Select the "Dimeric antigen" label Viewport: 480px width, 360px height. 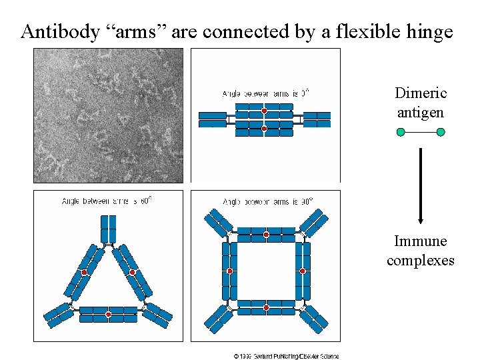(x=421, y=103)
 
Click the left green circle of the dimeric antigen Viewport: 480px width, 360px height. (x=401, y=132)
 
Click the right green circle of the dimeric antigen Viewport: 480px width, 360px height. (x=441, y=132)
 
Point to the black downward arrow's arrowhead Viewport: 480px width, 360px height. (x=421, y=221)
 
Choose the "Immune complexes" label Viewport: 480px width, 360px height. (x=421, y=250)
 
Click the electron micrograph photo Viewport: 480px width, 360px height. (x=108, y=115)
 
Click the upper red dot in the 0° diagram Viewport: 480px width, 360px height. (x=265, y=110)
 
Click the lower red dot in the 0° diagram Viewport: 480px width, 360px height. (x=265, y=128)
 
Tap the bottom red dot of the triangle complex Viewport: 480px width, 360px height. (x=108, y=314)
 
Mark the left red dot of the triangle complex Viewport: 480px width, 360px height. (x=85, y=273)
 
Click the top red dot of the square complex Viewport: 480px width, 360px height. (x=266, y=235)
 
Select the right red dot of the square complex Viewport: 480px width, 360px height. (x=302, y=271)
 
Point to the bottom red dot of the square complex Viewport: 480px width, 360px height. (x=266, y=307)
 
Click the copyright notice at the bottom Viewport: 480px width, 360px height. (x=286, y=356)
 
